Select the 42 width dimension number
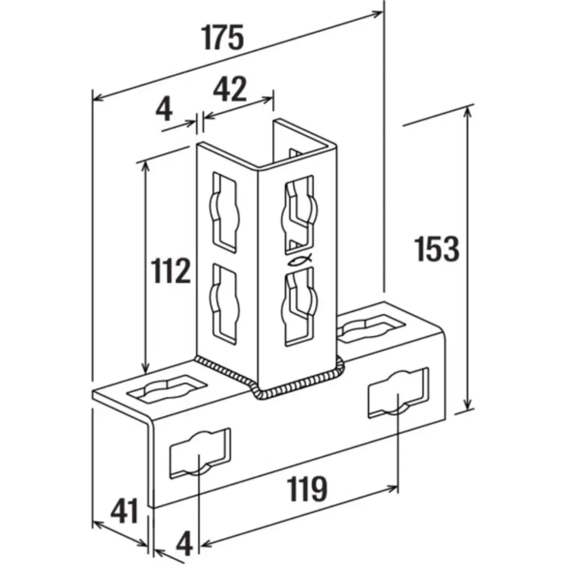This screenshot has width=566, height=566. pyautogui.click(x=230, y=89)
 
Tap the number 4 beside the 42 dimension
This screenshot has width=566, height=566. pyautogui.click(x=164, y=109)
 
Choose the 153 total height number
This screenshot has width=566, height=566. pyautogui.click(x=436, y=248)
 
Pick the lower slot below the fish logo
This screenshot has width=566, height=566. pyautogui.click(x=297, y=306)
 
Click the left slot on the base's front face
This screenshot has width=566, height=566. pyautogui.click(x=201, y=454)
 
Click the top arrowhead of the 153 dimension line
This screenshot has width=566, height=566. pyautogui.click(x=468, y=110)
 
